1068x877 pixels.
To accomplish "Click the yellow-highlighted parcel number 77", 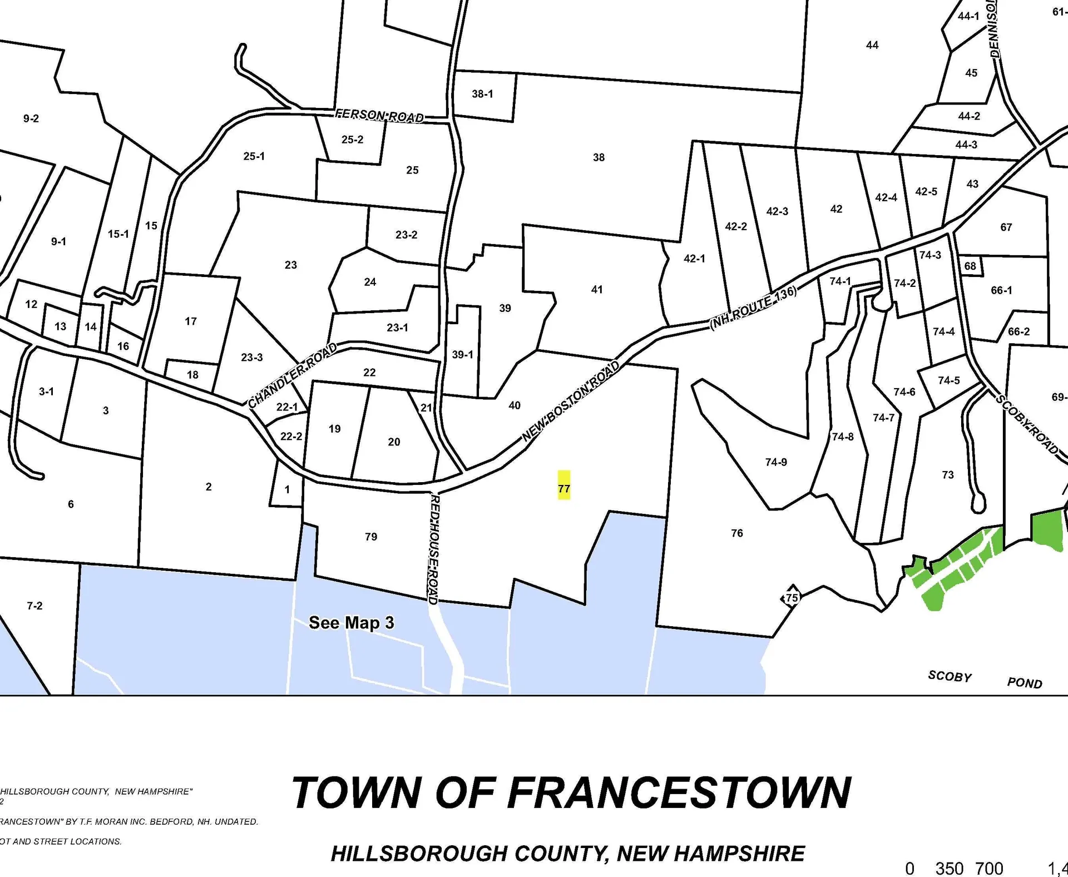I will pos(564,488).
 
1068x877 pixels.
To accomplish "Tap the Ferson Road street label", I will pos(379,116).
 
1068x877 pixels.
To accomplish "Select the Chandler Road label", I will pos(293,375).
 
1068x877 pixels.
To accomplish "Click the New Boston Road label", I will pos(571,401).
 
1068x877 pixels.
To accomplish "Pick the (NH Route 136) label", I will pos(753,309).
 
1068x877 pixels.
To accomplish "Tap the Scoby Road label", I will pos(1026,424).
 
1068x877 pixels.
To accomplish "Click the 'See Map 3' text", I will pos(352,622).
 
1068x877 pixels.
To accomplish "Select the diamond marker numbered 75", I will pos(792,598).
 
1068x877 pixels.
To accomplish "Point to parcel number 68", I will pos(970,266).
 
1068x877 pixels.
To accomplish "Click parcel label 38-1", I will pos(482,94).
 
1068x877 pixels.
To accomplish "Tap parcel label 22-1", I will pos(286,407).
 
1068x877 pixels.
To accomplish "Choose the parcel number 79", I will pos(371,537).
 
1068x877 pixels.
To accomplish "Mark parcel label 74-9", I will pos(776,462).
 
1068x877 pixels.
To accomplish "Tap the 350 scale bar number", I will pos(950,868).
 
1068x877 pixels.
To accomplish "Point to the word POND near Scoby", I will pos(1025,683).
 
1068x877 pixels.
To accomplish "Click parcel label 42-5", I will pos(926,191).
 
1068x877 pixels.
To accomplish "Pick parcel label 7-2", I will pos(34,606).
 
